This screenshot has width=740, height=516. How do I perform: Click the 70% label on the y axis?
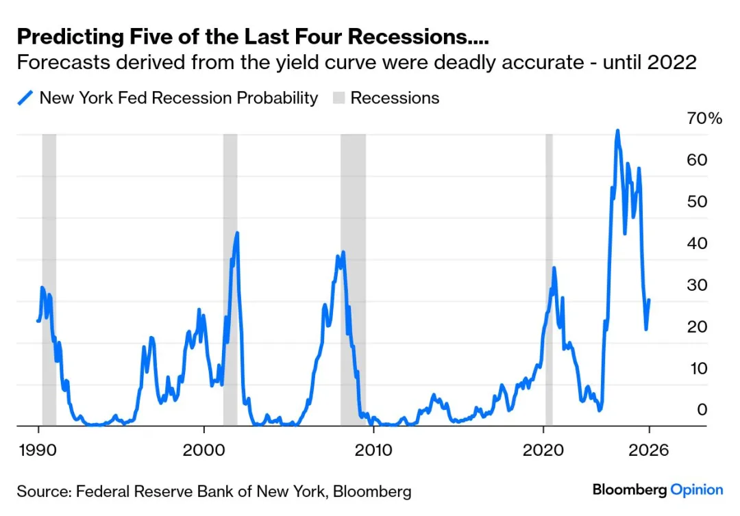(x=704, y=118)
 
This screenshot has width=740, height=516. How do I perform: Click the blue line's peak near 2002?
(x=237, y=233)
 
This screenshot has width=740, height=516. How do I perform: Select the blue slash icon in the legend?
(x=25, y=98)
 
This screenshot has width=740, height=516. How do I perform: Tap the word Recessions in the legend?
(x=395, y=98)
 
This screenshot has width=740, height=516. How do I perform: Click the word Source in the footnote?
(x=42, y=491)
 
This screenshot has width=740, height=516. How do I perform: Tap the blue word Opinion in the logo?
(x=697, y=490)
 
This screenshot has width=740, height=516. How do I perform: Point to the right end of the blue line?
(x=649, y=300)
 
